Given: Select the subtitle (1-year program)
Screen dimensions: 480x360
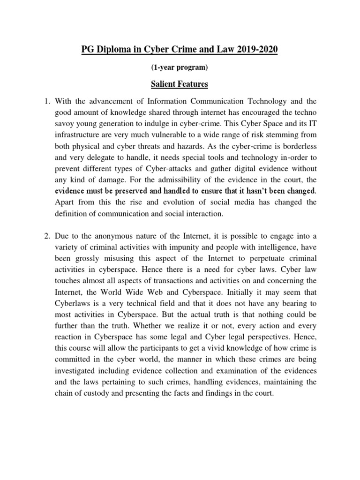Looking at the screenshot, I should (x=180, y=67).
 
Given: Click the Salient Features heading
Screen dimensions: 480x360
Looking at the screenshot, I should (x=180, y=84).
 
